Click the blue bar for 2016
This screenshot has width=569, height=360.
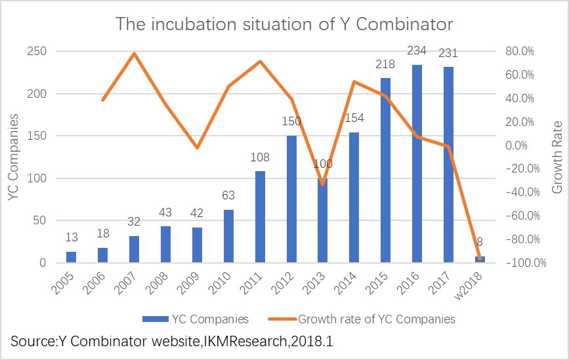[417, 163]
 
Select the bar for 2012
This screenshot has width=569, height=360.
[291, 199]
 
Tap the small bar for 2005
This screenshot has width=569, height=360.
[71, 257]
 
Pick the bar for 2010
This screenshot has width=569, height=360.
[228, 236]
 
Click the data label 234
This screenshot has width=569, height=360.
[417, 50]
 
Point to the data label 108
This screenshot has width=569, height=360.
[260, 157]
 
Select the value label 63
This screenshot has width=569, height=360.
[228, 196]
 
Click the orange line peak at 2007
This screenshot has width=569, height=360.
[135, 54]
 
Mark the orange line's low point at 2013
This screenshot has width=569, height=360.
[323, 184]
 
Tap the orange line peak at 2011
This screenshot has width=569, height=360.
[260, 62]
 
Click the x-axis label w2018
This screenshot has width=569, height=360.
[469, 286]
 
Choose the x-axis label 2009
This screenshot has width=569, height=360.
[188, 283]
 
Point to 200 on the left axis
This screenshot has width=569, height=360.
[37, 94]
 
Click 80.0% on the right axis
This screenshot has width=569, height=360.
[520, 51]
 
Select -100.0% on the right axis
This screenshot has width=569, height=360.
[526, 263]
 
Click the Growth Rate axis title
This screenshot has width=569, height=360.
[557, 157]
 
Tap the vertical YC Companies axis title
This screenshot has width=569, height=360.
[13, 157]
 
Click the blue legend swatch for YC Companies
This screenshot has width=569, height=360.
[156, 319]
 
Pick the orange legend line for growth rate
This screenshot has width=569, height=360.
[282, 319]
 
